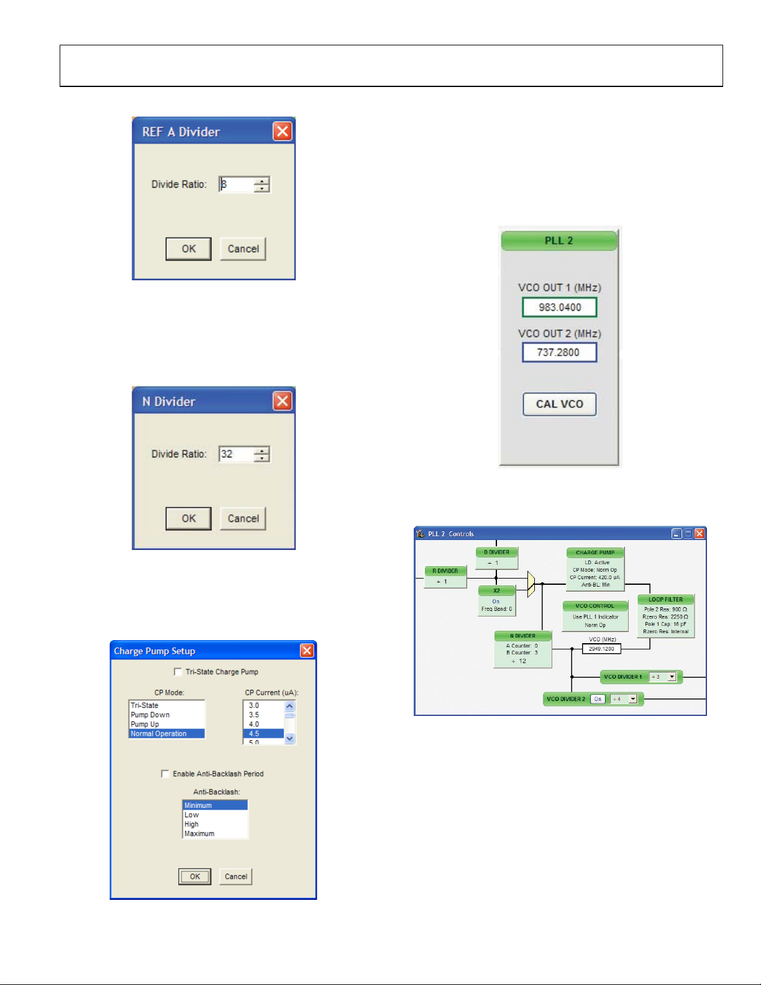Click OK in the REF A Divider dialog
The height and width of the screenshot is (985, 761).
pos(188,249)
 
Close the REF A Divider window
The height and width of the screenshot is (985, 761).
pos(282,131)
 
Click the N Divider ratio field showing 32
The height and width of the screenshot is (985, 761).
pos(236,454)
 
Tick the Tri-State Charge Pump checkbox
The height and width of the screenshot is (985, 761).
pos(178,672)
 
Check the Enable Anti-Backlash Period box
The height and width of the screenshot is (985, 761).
pos(165,774)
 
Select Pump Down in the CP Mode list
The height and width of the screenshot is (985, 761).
pos(150,715)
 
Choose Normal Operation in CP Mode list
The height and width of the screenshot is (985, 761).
pos(158,734)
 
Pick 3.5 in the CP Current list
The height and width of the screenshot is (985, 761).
pos(254,715)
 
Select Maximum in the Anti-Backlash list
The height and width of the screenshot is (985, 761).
pos(199,834)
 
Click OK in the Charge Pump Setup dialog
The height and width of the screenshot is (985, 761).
pos(194,876)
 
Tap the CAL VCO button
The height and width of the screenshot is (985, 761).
pos(559,404)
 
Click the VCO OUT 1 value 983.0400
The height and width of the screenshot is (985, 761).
pos(559,307)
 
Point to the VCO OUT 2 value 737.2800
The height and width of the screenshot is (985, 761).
pos(559,352)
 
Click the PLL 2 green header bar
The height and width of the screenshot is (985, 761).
pos(558,241)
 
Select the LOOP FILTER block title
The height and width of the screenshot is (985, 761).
pos(665,600)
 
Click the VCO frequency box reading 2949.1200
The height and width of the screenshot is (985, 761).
pos(601,649)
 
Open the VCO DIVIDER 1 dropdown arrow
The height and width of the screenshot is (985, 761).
pos(672,677)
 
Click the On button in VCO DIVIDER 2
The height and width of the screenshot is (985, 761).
pos(598,699)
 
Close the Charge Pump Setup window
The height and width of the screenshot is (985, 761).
pos(307,651)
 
